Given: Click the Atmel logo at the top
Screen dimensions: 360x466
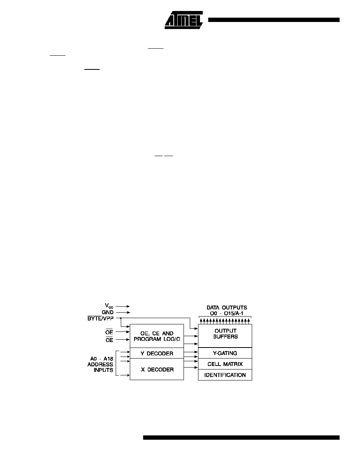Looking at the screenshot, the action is click(184, 20).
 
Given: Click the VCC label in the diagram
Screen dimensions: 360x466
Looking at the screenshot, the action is click(109, 306).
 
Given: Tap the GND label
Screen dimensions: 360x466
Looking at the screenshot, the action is click(107, 312).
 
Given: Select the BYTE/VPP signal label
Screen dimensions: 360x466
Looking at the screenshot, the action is click(100, 318).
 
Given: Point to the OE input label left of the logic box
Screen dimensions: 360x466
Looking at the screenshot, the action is click(109, 332).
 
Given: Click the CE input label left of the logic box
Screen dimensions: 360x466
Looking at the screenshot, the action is click(109, 340).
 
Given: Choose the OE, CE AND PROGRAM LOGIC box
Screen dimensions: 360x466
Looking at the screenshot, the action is click(157, 336).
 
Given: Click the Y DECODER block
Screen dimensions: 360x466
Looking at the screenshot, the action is click(157, 353).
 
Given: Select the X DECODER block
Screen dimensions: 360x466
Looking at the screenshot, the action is click(157, 369).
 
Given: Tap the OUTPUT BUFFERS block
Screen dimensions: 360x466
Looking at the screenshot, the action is click(225, 335).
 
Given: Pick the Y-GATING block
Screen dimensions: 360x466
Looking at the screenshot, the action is click(225, 353).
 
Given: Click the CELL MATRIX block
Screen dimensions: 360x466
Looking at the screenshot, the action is click(225, 364).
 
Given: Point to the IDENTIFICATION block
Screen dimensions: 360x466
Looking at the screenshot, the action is click(225, 375).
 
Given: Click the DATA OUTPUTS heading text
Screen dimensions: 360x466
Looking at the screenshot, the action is click(227, 308).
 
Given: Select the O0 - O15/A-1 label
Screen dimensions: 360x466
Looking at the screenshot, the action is click(227, 313).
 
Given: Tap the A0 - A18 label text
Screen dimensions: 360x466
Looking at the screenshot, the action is click(102, 359).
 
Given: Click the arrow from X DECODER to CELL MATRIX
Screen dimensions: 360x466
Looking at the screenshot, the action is click(191, 368).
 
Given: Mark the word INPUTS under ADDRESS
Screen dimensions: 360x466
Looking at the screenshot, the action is click(104, 370).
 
